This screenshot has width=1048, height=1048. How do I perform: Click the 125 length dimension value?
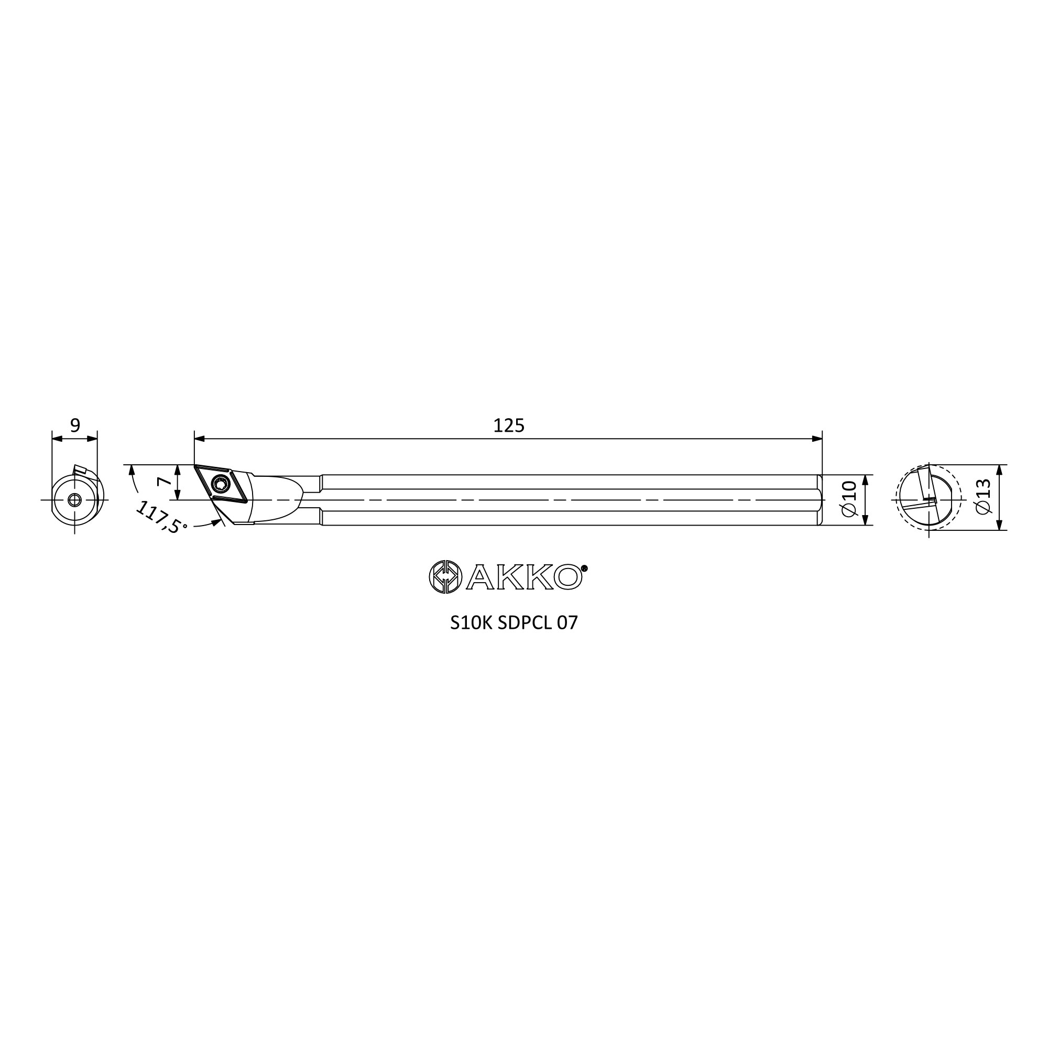point(509,426)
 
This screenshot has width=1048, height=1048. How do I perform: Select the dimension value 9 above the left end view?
point(75,425)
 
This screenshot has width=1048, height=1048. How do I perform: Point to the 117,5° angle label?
point(161,518)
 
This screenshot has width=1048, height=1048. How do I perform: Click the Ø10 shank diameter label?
point(849,498)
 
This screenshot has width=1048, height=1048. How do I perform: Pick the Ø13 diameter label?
point(983,496)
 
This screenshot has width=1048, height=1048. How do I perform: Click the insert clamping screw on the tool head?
point(221,482)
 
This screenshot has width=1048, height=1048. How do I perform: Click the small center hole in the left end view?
point(74,499)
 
